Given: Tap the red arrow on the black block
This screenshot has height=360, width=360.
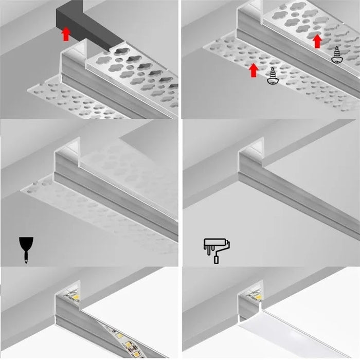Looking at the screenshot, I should (x=66, y=34).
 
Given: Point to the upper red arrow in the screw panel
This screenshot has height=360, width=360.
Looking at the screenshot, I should (x=318, y=41).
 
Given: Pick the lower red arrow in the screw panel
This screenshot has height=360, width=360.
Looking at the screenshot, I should (x=253, y=70).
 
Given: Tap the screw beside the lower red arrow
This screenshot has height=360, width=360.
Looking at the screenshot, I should (x=272, y=76).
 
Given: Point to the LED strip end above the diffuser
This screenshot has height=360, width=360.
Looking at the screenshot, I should (x=256, y=294).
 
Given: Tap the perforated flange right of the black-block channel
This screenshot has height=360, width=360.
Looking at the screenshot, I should (x=139, y=77).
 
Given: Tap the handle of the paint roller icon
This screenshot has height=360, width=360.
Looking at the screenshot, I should (x=217, y=259).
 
